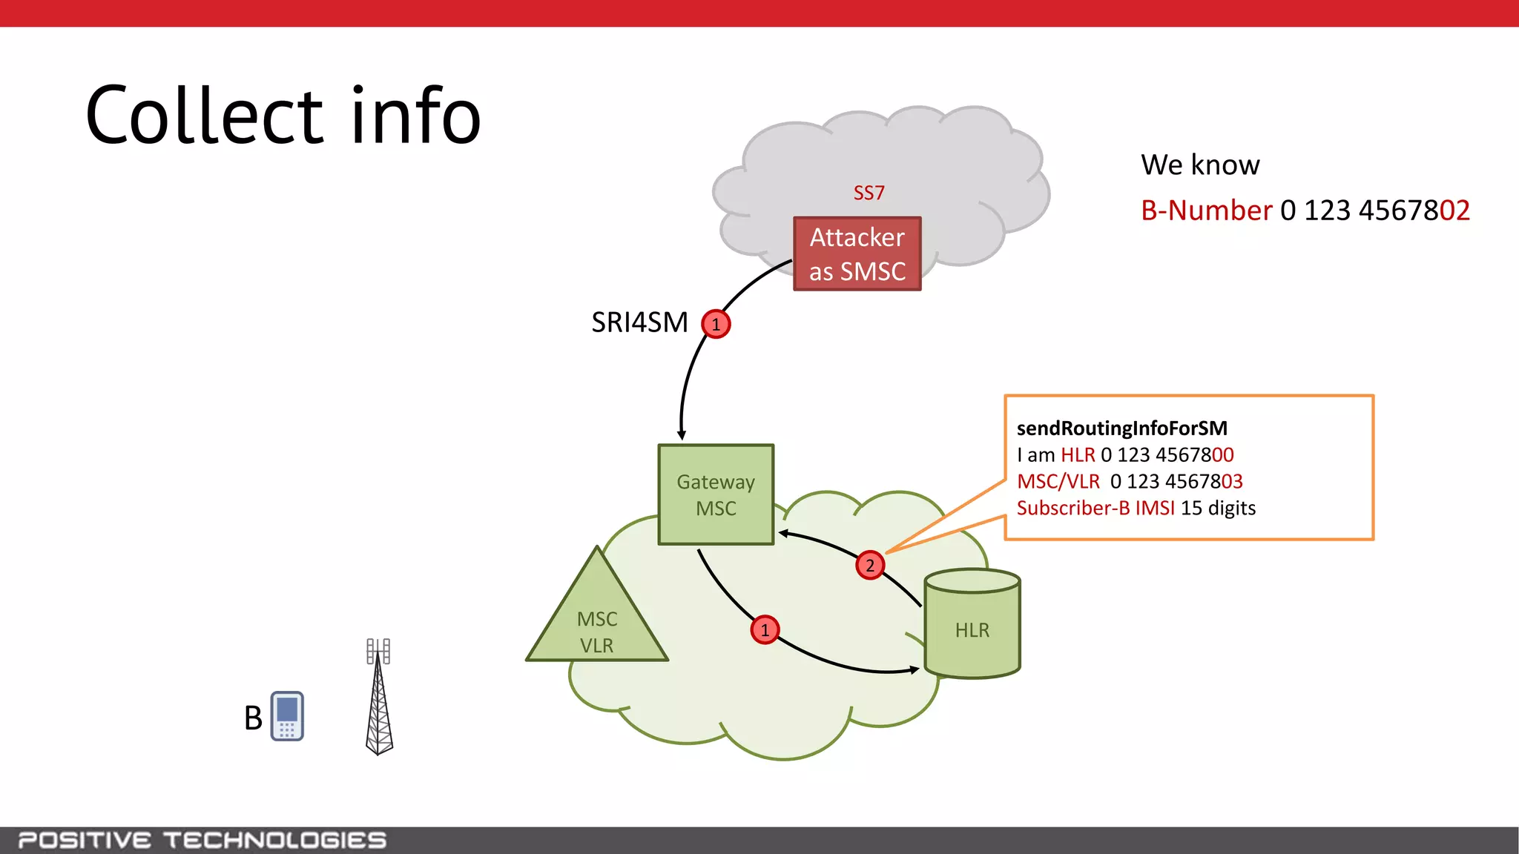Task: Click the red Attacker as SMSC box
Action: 857,254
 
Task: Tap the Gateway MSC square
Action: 716,494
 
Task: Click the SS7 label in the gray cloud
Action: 869,193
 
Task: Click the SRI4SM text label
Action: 639,323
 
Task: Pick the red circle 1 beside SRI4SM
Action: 716,325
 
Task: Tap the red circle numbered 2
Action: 870,566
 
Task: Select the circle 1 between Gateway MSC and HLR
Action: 765,630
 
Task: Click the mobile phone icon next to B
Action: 287,716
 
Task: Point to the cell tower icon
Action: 379,697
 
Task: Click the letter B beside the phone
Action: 253,718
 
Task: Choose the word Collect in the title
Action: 205,116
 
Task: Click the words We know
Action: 1199,165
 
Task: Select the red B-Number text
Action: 1206,211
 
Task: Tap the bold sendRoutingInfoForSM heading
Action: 1121,428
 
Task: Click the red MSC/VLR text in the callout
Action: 1058,482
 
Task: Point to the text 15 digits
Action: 1218,509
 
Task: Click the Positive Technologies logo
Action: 202,840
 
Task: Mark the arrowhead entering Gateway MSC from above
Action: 682,435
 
